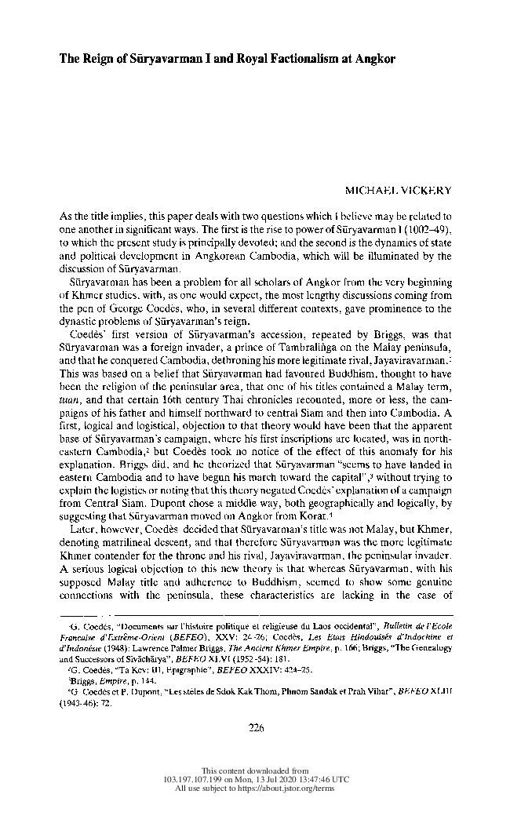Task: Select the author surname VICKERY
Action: coord(424,191)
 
